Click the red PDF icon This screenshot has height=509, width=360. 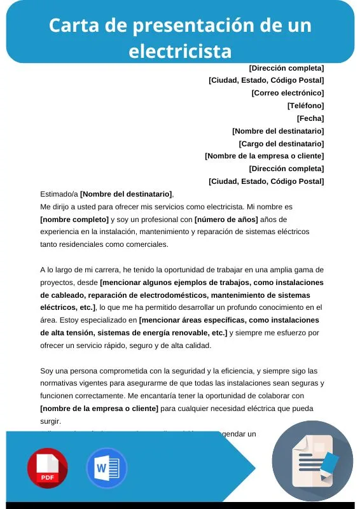click(x=47, y=468)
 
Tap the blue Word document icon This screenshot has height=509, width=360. click(x=106, y=468)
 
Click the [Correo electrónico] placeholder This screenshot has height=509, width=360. click(x=287, y=93)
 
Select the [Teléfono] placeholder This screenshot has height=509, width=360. click(x=305, y=106)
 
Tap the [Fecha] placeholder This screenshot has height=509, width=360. click(x=310, y=118)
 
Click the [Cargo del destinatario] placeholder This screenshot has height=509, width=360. click(x=281, y=144)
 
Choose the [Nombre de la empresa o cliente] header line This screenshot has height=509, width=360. click(x=264, y=156)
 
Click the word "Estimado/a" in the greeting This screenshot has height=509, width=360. click(x=59, y=194)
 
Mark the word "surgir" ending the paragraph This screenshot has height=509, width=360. click(x=50, y=421)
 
